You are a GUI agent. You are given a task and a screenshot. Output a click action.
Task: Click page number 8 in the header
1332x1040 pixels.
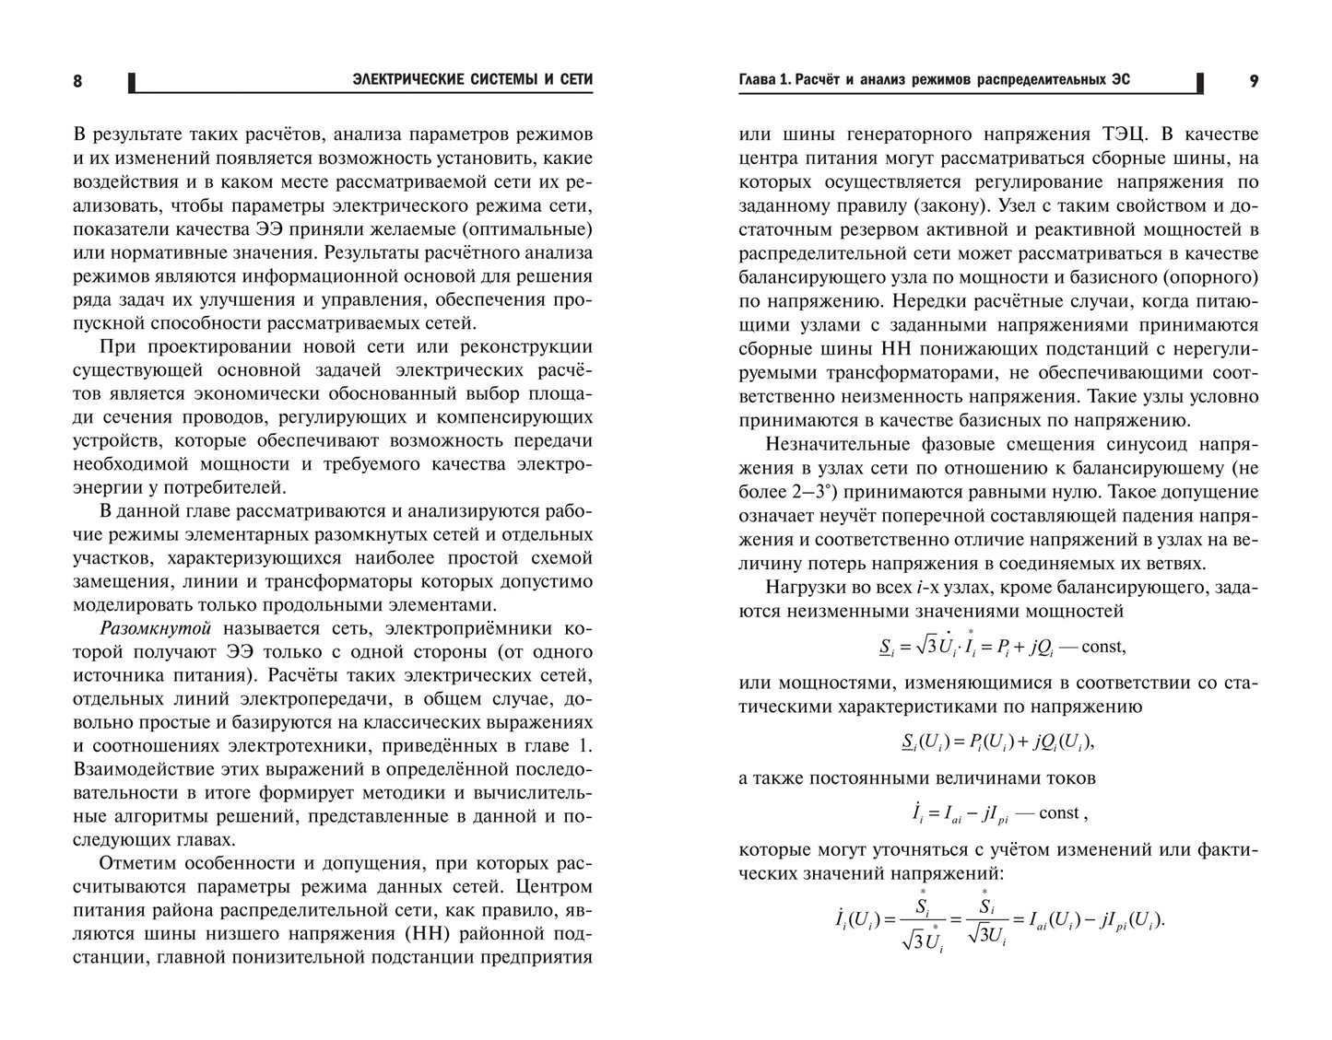(77, 81)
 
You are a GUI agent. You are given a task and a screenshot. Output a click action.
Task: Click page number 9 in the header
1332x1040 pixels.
(1254, 81)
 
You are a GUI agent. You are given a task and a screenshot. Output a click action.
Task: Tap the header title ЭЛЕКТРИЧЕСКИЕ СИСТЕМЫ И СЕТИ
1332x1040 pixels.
(472, 80)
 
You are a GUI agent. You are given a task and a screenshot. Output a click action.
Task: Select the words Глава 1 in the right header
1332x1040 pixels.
(764, 80)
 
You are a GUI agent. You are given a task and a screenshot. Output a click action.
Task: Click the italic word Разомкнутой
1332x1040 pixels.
(155, 628)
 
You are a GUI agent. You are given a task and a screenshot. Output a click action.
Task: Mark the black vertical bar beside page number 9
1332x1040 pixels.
(1199, 83)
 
